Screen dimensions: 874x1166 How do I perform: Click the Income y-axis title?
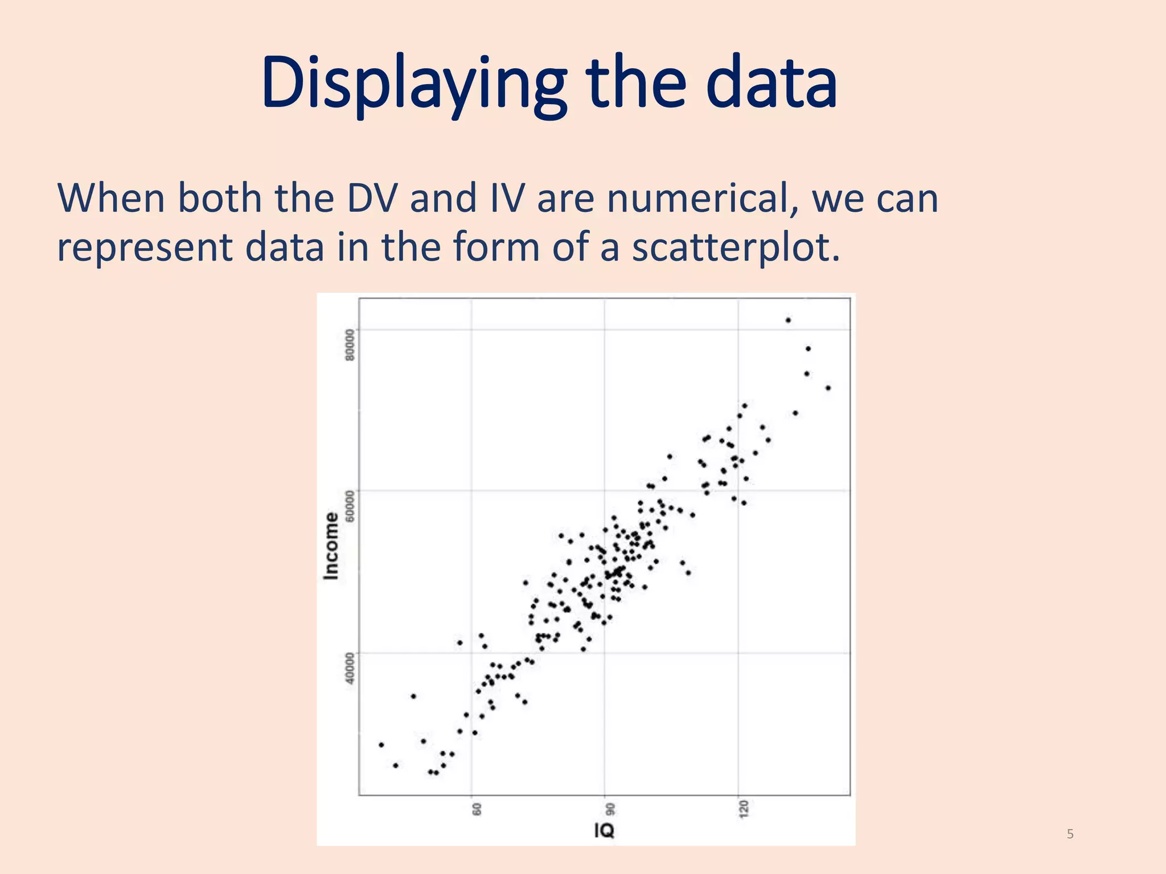(x=331, y=546)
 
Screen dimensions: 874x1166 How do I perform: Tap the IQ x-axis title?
(x=604, y=831)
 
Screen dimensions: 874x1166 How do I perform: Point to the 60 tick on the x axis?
(x=477, y=809)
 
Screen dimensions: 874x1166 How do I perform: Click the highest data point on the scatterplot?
(x=788, y=320)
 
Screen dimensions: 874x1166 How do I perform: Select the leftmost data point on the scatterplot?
(x=381, y=745)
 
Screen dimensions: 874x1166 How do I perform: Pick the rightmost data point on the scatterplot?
(x=828, y=388)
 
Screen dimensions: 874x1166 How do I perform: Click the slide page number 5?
(x=1070, y=834)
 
